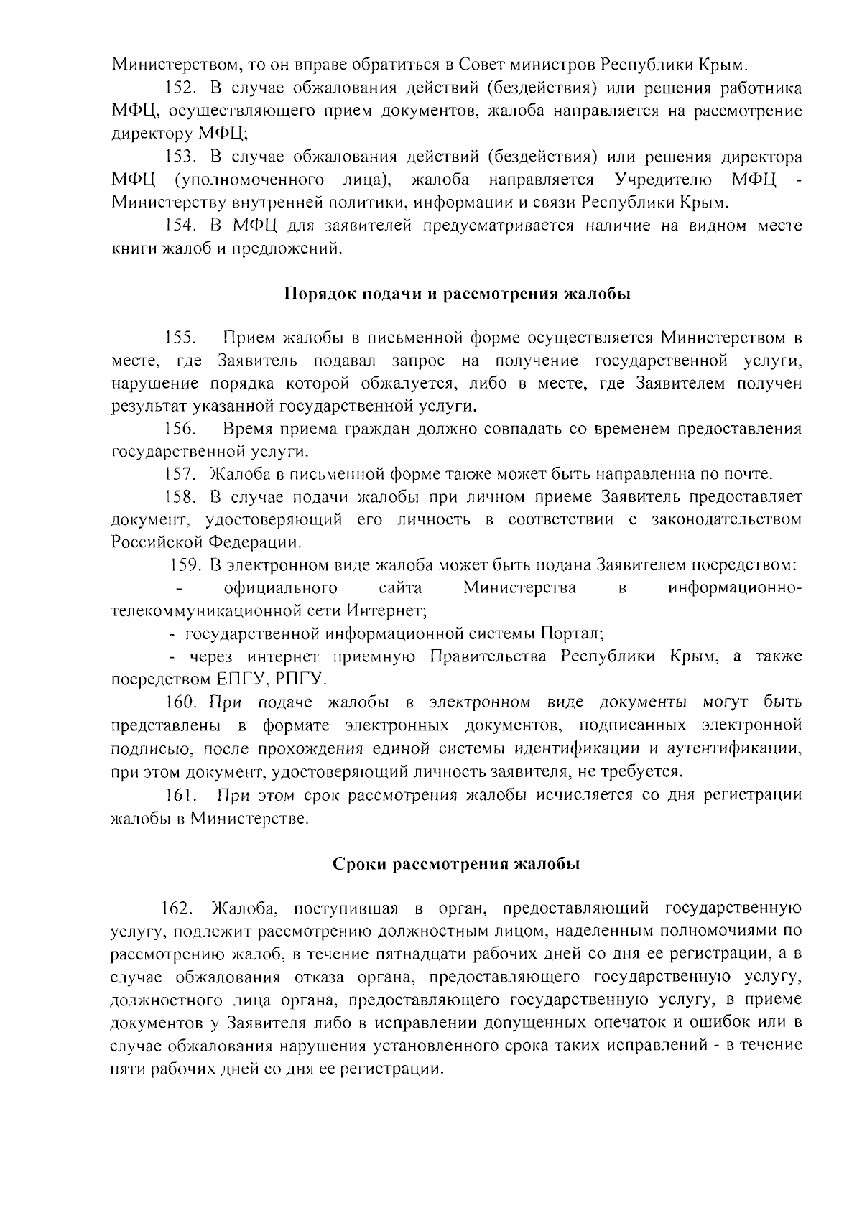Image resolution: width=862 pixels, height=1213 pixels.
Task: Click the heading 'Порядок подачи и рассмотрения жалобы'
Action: coord(458,294)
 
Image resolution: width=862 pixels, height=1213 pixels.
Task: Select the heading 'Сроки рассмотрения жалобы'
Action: coord(456,864)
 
